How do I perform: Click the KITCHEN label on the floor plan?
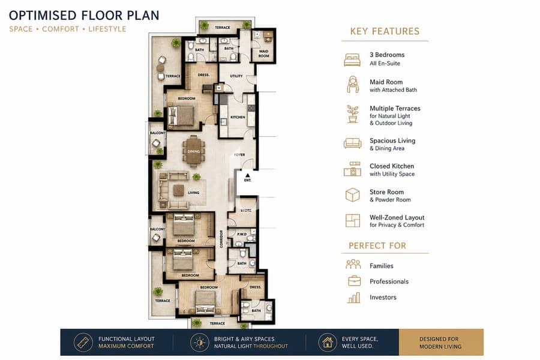tap(238, 117)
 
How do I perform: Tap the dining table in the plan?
tap(194, 150)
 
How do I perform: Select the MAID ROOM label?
tap(264, 53)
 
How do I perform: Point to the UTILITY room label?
tap(236, 76)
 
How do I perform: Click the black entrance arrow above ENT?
tap(247, 176)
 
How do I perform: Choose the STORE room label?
tap(246, 210)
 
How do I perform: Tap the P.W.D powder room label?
tap(242, 234)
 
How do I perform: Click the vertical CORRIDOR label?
tap(221, 239)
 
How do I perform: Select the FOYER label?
tap(239, 155)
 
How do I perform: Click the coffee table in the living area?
tap(178, 190)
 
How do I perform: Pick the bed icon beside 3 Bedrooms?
tap(352, 59)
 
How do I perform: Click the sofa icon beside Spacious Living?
tap(352, 143)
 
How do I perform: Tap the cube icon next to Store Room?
tap(352, 195)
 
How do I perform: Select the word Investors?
tap(383, 298)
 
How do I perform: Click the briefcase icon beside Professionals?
tap(355, 281)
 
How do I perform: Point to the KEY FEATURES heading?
tap(385, 31)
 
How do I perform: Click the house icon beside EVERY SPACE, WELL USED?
tap(328, 343)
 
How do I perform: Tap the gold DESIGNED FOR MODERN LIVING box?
tap(441, 343)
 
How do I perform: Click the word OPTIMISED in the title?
tap(43, 16)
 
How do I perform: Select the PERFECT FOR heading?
tap(377, 245)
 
